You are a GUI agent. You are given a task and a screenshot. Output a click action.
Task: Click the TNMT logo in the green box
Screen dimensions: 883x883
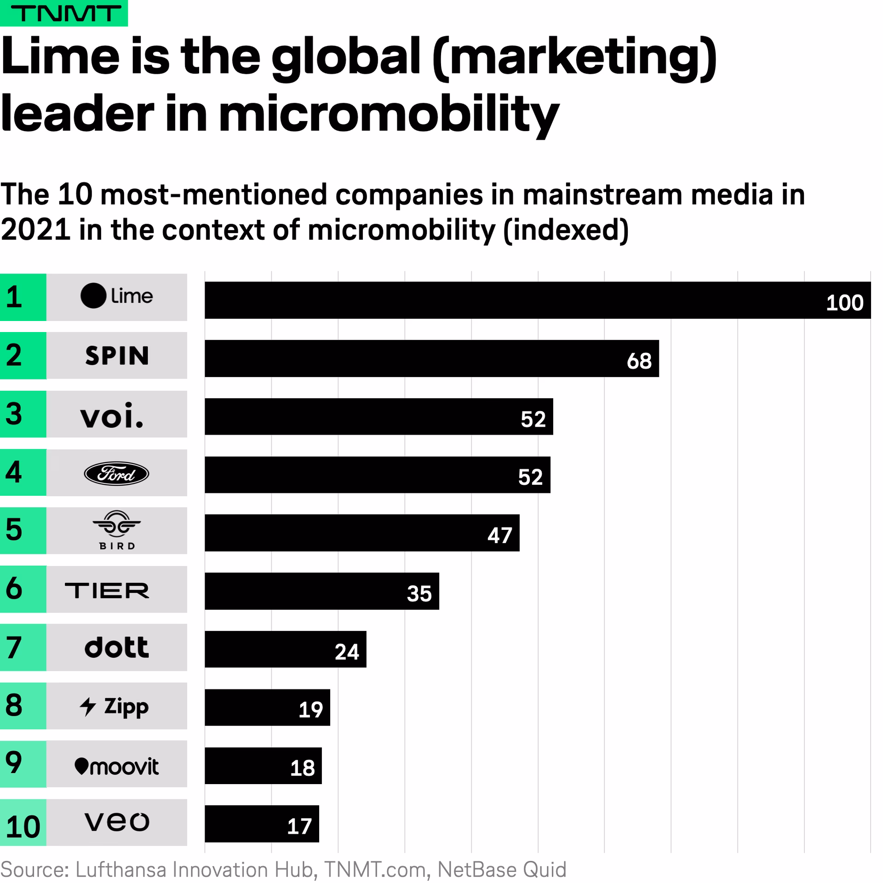pos(64,13)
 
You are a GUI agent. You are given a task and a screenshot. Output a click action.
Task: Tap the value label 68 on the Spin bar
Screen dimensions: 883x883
pos(639,361)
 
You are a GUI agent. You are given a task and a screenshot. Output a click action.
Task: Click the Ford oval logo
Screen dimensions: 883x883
pos(116,473)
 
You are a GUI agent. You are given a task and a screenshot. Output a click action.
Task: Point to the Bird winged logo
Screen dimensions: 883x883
pos(116,524)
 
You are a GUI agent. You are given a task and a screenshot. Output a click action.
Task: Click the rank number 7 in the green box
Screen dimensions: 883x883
pos(14,648)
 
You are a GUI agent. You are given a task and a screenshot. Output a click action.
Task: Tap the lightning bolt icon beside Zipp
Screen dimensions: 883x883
pos(87,707)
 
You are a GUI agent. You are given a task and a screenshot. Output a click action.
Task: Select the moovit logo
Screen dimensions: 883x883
pos(116,766)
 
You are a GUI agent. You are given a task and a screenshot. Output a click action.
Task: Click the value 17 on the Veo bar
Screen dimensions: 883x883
pos(299,826)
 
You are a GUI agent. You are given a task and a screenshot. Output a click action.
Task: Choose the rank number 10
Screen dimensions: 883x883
pos(23,827)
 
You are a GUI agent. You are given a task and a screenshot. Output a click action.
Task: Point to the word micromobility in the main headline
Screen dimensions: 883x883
pos(389,113)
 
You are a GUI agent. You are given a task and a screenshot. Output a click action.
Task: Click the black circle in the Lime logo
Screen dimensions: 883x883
pos(93,296)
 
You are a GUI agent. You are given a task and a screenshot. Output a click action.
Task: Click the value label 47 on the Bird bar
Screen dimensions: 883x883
pos(499,535)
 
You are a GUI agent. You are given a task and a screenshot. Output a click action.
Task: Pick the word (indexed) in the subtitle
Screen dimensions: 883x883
pos(566,229)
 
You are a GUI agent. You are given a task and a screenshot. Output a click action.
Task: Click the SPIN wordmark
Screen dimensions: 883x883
pos(117,356)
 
